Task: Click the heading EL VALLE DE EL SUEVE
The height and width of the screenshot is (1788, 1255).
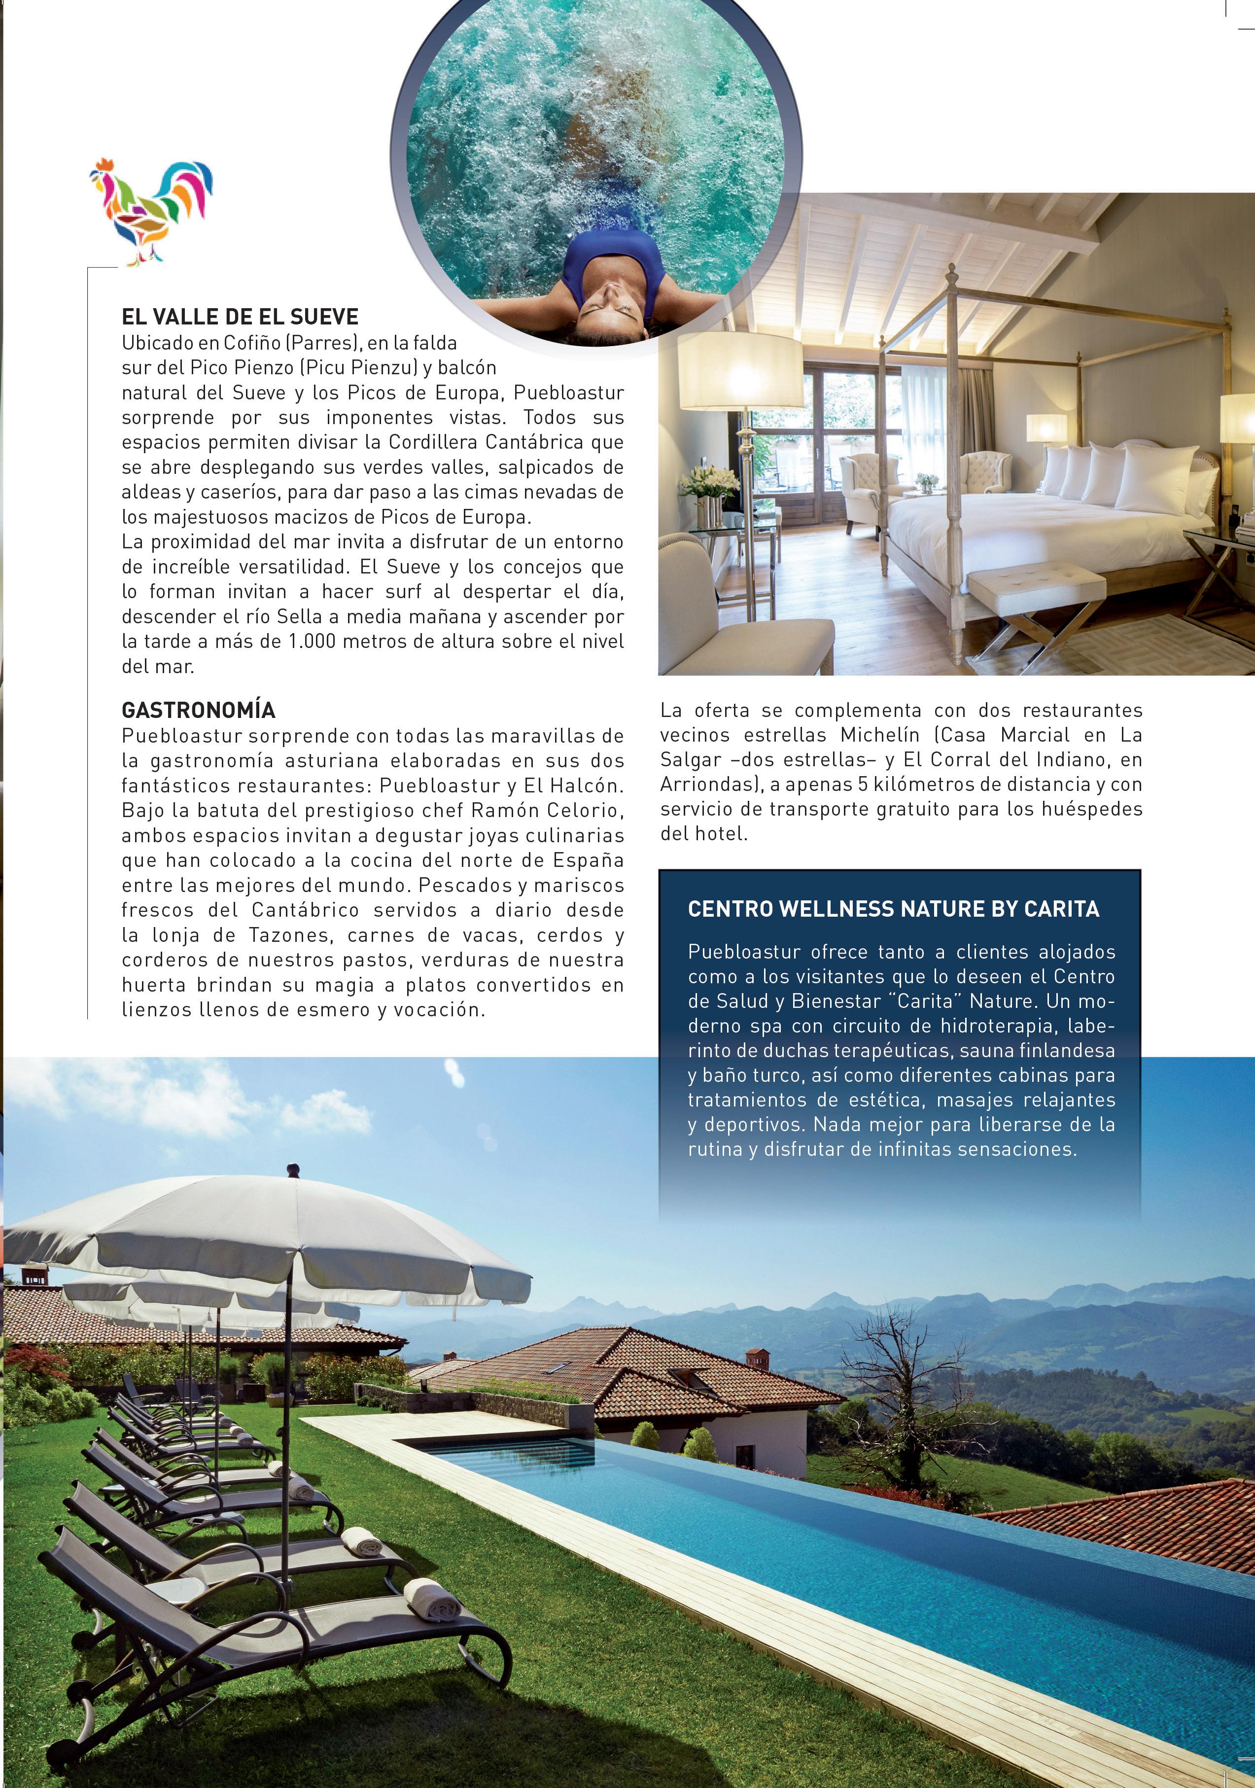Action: (x=240, y=317)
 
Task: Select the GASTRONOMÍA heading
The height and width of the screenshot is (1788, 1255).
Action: (x=199, y=710)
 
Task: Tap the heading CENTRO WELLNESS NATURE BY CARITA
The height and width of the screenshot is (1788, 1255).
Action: (x=893, y=909)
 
